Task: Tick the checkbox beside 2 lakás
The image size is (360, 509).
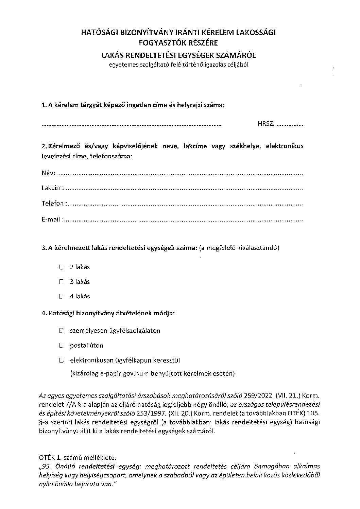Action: [x=61, y=267]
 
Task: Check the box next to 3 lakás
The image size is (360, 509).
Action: [x=61, y=282]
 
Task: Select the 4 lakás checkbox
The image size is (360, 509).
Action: [x=61, y=296]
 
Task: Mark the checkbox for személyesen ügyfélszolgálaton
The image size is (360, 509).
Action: [x=61, y=331]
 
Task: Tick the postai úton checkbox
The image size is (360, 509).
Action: [x=61, y=346]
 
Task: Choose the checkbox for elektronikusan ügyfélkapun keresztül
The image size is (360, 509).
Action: [x=61, y=360]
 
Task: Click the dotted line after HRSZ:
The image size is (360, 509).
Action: [x=290, y=125]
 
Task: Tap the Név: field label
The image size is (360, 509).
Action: [x=48, y=173]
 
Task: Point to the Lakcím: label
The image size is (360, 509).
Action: [x=52, y=188]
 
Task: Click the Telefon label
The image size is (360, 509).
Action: [x=53, y=204]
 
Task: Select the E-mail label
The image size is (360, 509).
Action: [x=51, y=219]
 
